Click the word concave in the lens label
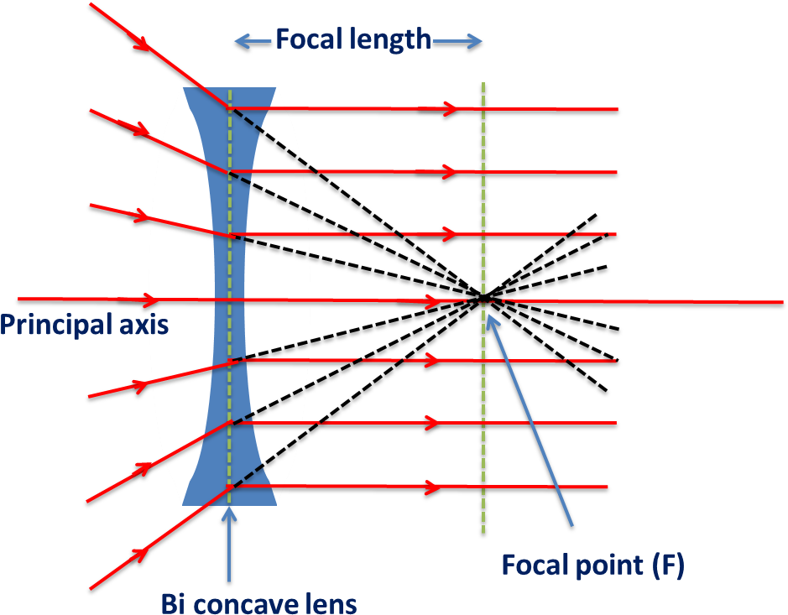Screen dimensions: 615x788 tap(251, 603)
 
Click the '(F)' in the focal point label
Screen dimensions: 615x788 tap(667, 565)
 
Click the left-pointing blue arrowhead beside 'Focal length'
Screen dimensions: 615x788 tap(240, 40)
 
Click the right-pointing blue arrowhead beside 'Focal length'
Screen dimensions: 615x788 tap(477, 40)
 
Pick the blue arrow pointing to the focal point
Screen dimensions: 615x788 tap(529, 420)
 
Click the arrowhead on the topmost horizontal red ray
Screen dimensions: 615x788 tap(451, 108)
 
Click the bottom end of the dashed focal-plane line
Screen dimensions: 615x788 tap(483, 530)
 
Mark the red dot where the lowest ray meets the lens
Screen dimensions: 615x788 tap(229, 487)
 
